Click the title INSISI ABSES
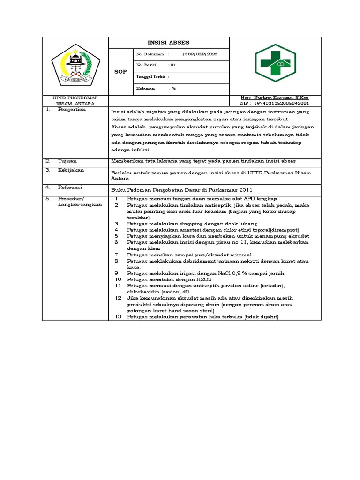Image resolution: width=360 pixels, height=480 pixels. coord(169,43)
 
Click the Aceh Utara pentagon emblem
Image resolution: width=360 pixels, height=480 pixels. coord(75,66)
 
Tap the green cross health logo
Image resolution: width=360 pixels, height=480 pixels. coord(276,66)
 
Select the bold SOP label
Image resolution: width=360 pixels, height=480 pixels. coord(120,72)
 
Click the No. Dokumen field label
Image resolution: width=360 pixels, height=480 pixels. coord(148,54)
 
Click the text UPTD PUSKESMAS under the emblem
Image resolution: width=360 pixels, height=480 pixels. coord(75,97)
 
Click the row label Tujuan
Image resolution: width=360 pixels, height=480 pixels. coord(67,160)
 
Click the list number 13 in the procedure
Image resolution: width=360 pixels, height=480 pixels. coord(119,317)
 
